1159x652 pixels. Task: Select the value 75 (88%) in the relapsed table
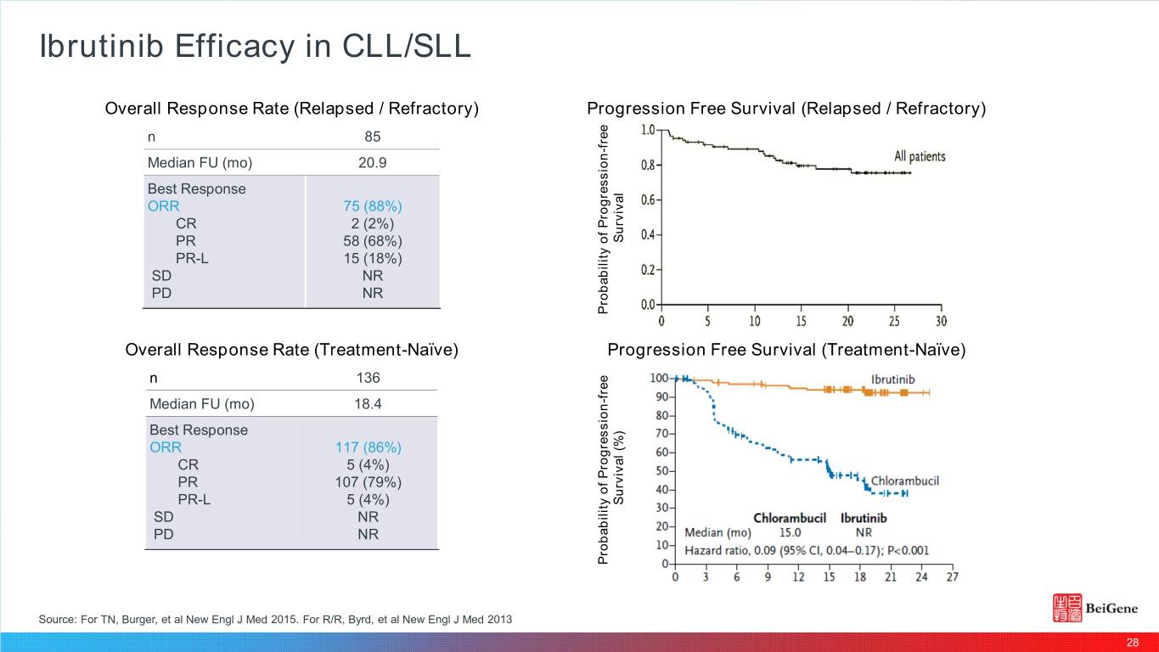(372, 206)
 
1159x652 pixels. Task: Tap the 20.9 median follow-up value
(372, 162)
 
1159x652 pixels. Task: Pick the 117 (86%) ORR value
(369, 447)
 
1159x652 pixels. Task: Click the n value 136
(368, 377)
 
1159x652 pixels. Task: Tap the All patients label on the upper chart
(919, 157)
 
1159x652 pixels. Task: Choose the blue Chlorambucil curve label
(904, 481)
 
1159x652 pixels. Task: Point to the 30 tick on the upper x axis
(941, 322)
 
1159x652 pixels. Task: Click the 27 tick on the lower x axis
(951, 577)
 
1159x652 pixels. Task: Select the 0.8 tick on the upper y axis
(647, 166)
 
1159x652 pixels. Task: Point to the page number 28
(1132, 642)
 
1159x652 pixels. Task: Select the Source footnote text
(275, 620)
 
